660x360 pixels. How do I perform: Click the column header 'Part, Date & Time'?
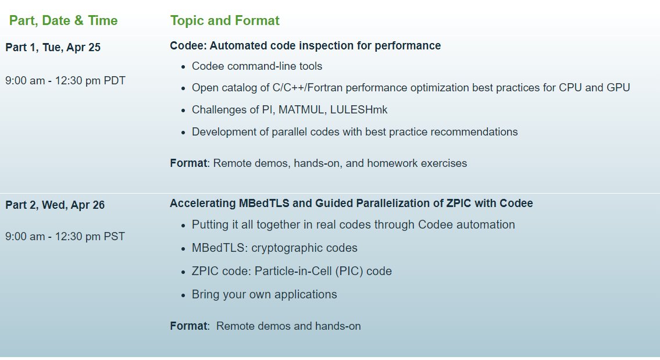(x=63, y=21)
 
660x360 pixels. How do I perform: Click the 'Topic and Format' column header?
(x=224, y=21)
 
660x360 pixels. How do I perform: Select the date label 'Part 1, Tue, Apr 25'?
(x=53, y=48)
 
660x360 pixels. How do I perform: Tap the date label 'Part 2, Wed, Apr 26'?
(x=55, y=205)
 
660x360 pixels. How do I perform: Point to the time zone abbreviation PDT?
(x=115, y=81)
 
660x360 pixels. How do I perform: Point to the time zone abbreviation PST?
(x=114, y=237)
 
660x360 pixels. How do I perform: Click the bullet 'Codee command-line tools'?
(x=257, y=66)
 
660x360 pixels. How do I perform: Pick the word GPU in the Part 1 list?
(x=618, y=88)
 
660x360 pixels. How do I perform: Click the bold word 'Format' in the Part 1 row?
(x=188, y=163)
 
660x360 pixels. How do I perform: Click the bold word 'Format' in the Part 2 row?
(x=188, y=326)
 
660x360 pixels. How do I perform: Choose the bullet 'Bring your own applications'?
(x=264, y=294)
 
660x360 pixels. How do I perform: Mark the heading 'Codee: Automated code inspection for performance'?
(x=305, y=45)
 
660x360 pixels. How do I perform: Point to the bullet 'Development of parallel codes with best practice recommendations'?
(x=355, y=132)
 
